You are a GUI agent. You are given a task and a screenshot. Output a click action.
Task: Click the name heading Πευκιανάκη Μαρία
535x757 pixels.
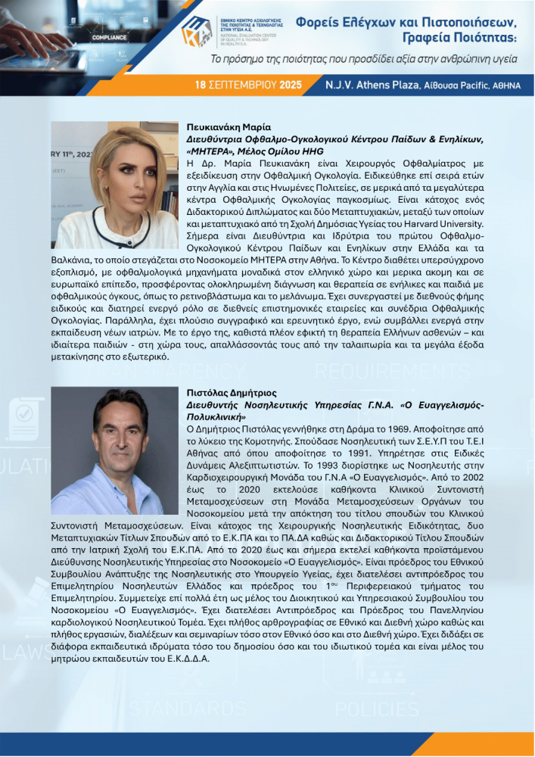pos(229,127)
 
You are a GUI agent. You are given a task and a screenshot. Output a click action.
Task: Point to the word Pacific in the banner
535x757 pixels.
pos(474,85)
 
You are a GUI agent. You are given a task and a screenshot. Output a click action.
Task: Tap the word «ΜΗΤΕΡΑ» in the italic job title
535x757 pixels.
pos(209,151)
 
